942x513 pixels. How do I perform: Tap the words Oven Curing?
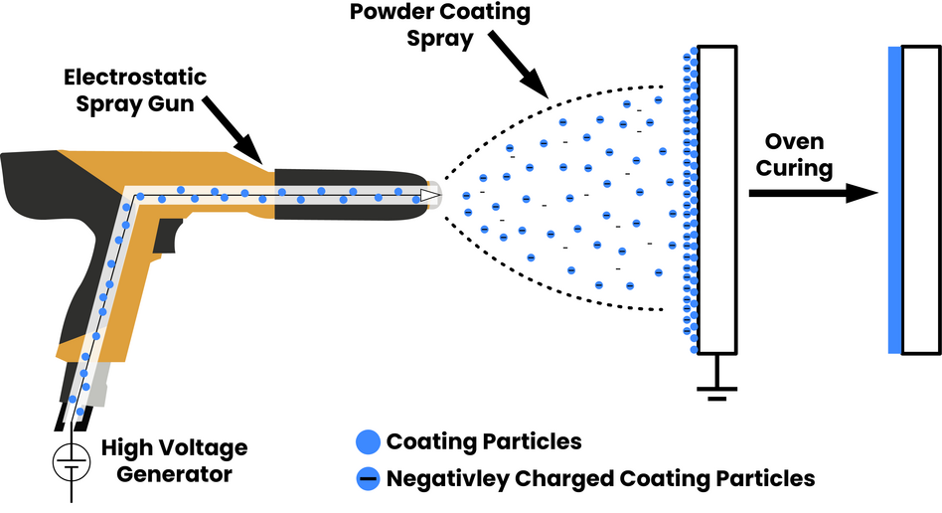794,154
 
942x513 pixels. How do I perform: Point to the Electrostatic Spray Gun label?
149,87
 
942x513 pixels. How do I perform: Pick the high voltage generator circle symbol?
68,460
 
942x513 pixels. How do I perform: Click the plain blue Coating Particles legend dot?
367,441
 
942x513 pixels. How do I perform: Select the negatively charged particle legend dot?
367,478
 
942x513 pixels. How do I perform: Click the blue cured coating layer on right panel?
895,199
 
